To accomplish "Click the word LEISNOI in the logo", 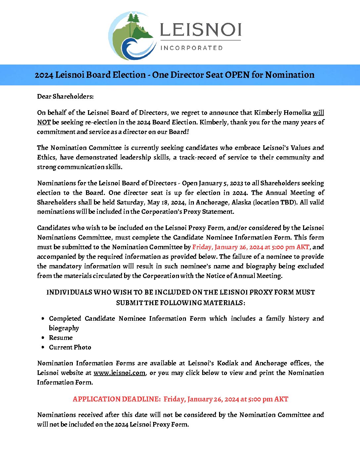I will (x=201, y=30).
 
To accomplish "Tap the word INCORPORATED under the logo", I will (x=192, y=48).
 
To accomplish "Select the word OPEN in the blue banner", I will (x=237, y=75).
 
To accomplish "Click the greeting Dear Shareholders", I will (x=65, y=96).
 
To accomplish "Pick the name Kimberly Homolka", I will (x=282, y=113).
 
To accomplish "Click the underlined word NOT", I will (x=44, y=122).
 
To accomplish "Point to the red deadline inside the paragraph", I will (x=250, y=247).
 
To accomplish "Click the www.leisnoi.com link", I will (x=119, y=373).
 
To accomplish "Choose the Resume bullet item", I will (x=61, y=338).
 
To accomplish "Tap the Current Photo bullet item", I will (x=70, y=347).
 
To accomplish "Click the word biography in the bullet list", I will (x=64, y=328).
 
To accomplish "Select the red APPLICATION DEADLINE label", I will (x=116, y=399).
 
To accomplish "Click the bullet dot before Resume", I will (x=43, y=338).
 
